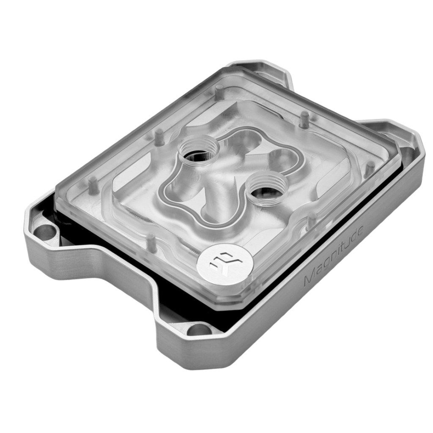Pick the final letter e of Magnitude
click(360, 230)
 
